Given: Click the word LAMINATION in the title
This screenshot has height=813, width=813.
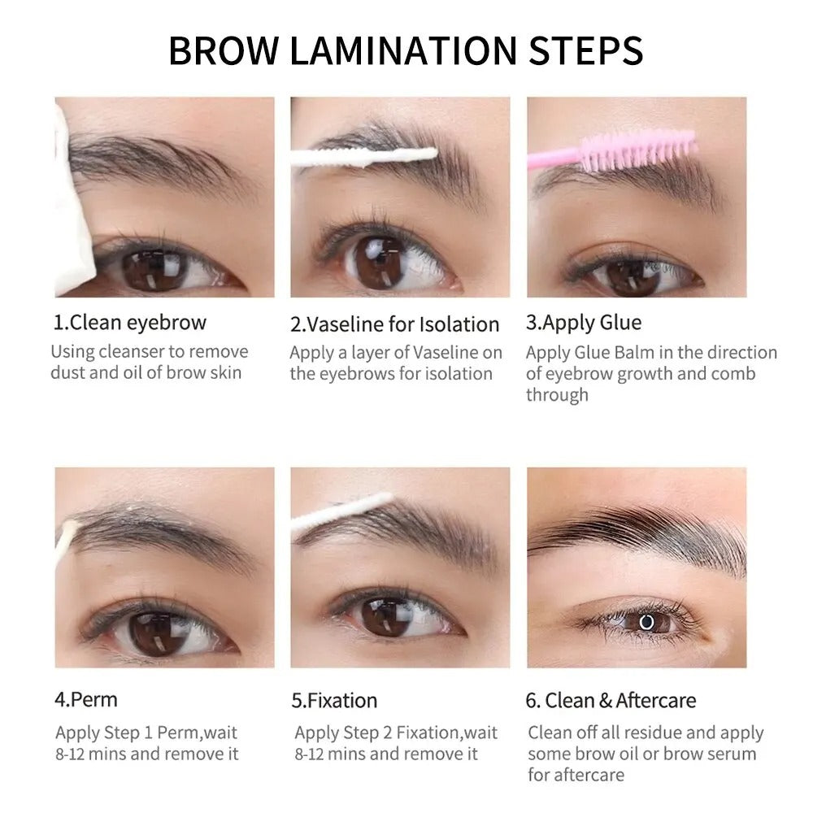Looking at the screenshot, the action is [x=403, y=50].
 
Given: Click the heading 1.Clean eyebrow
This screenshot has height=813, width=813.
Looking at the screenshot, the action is [x=130, y=323].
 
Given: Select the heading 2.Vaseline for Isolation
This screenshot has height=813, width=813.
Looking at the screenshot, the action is [x=394, y=324].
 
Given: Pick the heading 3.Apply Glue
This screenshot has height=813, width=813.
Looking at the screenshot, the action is [x=583, y=323].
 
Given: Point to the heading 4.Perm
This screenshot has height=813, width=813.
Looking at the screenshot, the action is [x=86, y=700].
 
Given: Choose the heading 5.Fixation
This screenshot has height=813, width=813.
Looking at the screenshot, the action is [x=334, y=701].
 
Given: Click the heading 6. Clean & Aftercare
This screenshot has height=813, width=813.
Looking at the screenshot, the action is [x=611, y=701].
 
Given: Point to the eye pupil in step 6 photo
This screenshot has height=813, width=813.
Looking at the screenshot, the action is [x=646, y=622].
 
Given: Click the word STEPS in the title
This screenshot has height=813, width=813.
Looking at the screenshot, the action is [x=585, y=50].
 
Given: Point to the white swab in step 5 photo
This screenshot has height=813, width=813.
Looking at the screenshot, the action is [x=342, y=513].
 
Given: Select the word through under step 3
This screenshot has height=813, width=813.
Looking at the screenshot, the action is [x=557, y=396].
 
